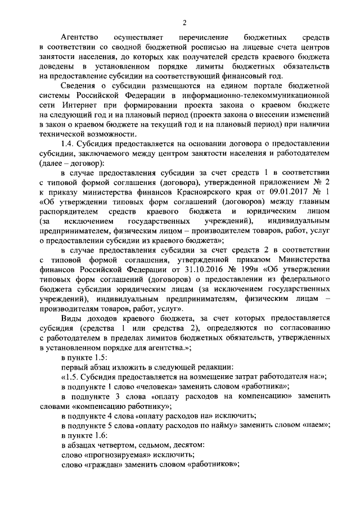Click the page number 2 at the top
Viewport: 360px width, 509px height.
click(x=184, y=22)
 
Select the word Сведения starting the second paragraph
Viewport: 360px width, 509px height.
click(x=80, y=102)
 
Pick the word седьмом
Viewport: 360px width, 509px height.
click(x=156, y=445)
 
